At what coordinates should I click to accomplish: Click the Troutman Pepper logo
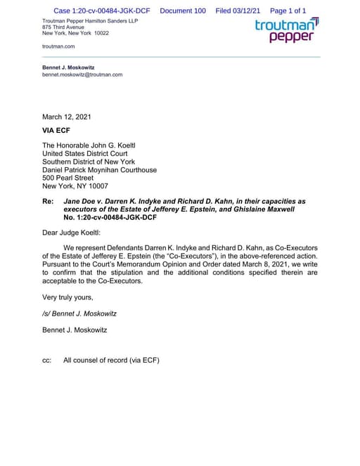click(286, 31)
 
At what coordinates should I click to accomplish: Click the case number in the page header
click(101, 11)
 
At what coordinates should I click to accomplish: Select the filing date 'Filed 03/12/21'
click(238, 11)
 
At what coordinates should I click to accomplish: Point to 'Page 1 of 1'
click(288, 11)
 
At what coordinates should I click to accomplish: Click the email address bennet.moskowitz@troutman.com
click(82, 75)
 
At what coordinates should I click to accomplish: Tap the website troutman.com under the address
click(58, 46)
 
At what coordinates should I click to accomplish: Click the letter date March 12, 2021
click(66, 117)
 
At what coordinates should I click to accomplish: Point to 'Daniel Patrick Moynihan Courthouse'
click(99, 170)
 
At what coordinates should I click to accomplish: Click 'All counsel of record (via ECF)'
click(111, 361)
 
